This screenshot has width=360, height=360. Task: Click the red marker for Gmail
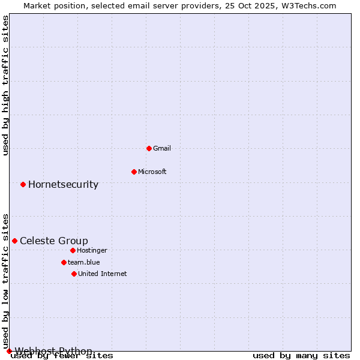149,148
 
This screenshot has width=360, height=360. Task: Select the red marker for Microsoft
134,172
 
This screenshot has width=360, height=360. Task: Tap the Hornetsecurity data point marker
23,184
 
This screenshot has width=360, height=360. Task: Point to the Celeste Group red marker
14,241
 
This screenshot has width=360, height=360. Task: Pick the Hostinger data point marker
73,250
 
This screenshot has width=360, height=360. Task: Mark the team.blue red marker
64,262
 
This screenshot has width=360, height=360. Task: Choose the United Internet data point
74,274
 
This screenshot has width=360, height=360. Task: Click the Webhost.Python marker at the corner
9,351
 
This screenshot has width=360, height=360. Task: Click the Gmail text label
162,148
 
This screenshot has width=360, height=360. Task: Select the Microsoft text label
152,172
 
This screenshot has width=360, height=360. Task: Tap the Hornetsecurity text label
63,184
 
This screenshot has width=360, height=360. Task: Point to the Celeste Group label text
53,241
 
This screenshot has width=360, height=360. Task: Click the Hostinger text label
92,250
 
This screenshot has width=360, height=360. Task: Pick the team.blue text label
83,262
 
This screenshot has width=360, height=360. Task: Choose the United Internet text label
102,274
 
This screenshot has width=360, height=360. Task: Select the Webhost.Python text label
53,351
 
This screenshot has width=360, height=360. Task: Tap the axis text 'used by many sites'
301,356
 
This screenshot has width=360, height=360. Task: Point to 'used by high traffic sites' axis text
6,86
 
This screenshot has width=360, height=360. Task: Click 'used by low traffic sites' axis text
6,281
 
